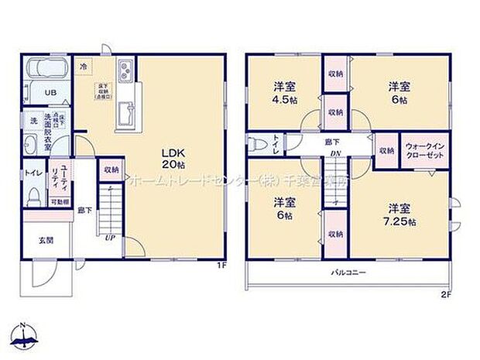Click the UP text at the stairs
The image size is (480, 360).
(111, 238)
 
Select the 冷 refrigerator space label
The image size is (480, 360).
(84, 67)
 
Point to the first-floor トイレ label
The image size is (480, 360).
(33, 173)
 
